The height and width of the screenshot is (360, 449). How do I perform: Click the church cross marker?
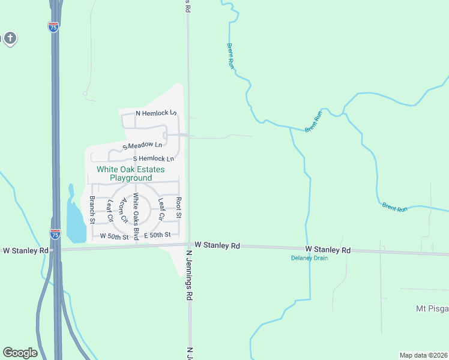click(x=10, y=39)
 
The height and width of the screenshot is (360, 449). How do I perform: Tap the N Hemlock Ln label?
click(x=156, y=113)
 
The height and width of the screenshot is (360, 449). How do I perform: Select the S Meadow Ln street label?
click(x=142, y=145)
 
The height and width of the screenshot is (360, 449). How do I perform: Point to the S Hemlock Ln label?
click(x=153, y=158)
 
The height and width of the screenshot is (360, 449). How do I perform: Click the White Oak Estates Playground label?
click(x=125, y=174)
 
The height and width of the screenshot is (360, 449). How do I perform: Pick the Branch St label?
click(x=92, y=209)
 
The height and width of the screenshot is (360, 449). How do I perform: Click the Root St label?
click(x=178, y=207)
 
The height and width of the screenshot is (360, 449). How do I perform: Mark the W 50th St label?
click(x=114, y=236)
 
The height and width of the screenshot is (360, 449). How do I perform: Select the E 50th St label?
click(x=157, y=235)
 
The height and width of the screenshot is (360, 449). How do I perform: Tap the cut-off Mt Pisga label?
click(x=432, y=308)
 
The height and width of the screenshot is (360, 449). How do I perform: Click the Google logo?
click(x=20, y=353)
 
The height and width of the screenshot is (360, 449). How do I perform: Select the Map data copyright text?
click(x=424, y=355)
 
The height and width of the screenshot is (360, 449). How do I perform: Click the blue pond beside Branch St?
click(x=74, y=220)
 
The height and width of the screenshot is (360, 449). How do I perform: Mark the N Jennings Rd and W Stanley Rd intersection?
click(x=188, y=245)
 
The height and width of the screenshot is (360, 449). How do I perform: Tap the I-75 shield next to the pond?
click(x=55, y=234)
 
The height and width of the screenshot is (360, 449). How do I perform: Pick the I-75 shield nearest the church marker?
click(x=53, y=27)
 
